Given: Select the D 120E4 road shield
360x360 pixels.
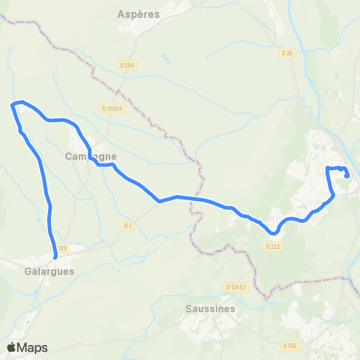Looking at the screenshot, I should pyautogui.click(x=111, y=109).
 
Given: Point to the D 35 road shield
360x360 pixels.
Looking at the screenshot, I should pyautogui.click(x=286, y=52).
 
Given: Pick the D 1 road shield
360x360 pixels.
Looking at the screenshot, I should pyautogui.click(x=127, y=225).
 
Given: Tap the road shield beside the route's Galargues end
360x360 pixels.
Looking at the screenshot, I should pyautogui.click(x=61, y=248).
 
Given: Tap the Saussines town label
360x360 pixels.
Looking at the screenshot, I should pyautogui.click(x=210, y=308).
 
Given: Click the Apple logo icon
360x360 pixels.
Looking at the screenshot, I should pyautogui.click(x=12, y=347).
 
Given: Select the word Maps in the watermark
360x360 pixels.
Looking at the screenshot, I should pyautogui.click(x=33, y=347).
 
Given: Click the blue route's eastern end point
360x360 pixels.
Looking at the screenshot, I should pyautogui.click(x=349, y=175).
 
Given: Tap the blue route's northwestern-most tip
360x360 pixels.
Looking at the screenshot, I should pyautogui.click(x=12, y=104).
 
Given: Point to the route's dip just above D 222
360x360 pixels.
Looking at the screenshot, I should pyautogui.click(x=271, y=232).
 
